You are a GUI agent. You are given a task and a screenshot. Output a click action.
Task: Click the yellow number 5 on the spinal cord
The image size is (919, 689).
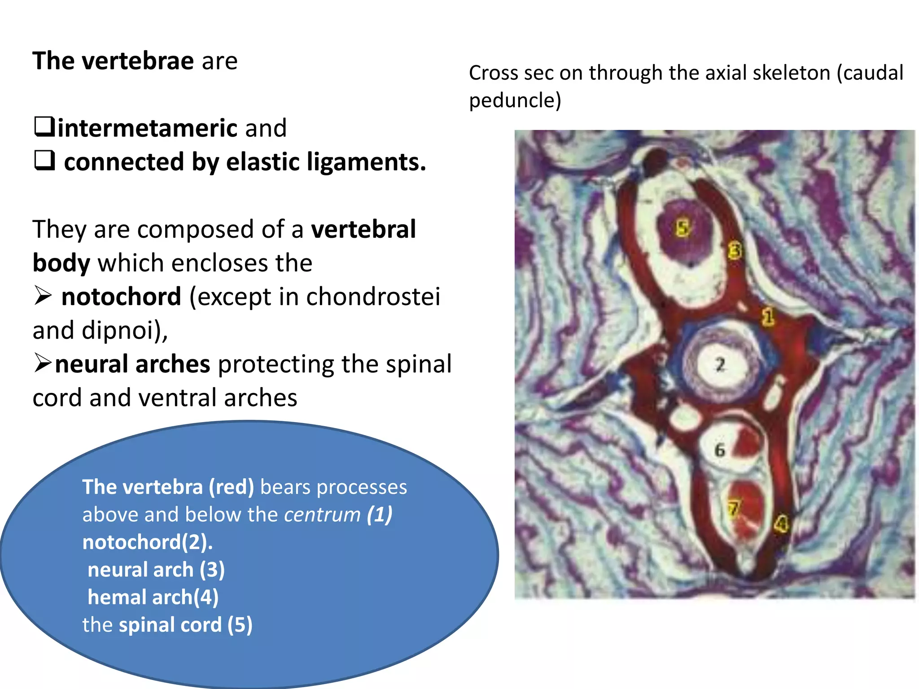[682, 228]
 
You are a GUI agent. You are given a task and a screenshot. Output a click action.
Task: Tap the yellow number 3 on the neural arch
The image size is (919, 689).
[735, 250]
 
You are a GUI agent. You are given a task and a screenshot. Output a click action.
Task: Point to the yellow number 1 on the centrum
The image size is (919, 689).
[768, 317]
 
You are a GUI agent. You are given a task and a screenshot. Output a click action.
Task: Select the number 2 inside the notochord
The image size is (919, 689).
[720, 364]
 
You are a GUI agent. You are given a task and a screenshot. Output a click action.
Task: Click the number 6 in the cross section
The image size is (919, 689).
[720, 450]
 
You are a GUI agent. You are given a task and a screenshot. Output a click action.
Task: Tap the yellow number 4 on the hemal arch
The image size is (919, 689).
[781, 523]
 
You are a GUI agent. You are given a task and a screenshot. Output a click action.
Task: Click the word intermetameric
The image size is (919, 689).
[147, 128]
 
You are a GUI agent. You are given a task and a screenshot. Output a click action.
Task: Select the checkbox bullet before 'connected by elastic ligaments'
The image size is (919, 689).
[45, 161]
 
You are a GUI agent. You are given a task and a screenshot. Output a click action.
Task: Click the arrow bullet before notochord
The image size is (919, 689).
[43, 296]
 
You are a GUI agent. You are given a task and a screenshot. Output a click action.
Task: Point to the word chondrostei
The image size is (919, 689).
[373, 297]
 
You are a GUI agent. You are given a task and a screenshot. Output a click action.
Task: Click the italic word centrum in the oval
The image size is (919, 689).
[322, 515]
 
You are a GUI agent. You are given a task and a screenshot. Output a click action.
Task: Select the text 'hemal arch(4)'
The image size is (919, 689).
[153, 597]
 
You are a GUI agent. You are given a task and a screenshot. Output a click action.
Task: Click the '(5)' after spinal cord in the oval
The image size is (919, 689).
[240, 625]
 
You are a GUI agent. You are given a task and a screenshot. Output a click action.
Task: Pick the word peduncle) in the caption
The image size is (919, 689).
[515, 100]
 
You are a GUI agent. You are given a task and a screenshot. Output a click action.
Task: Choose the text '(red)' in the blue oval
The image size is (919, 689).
[232, 487]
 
